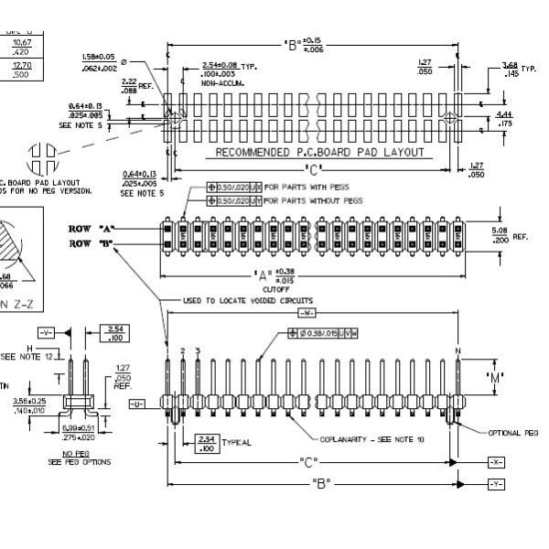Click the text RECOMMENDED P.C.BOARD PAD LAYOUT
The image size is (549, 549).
click(319, 152)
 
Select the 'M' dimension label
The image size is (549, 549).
click(495, 376)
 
